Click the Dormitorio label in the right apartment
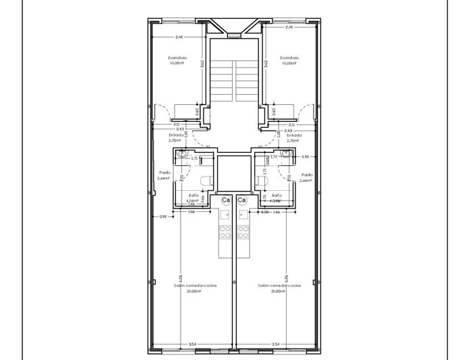[289, 58]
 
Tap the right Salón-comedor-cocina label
[278, 286]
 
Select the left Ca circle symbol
[225, 201]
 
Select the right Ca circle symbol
[241, 201]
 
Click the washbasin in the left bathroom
[183, 155]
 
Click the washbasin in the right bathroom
[285, 155]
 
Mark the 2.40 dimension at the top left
[179, 37]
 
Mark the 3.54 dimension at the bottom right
[275, 344]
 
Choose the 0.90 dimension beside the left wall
[163, 217]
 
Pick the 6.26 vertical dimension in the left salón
[181, 278]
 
